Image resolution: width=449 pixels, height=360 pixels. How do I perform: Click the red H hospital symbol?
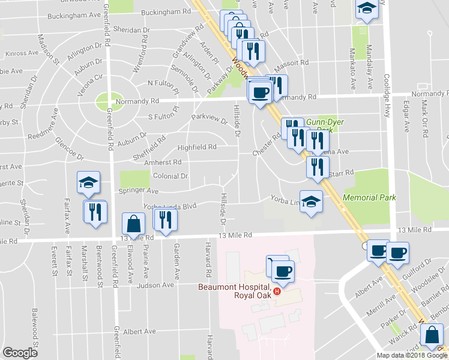pos(277,292)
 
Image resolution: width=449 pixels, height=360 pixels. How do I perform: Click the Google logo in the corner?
pos(20,353)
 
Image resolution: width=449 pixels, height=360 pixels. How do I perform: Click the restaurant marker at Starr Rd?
pos(317,167)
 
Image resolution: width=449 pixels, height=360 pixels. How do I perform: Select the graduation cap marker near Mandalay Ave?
pos(366,8)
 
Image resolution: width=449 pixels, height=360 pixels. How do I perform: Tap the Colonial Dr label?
pos(171,176)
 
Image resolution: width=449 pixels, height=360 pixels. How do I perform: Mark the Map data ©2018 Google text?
pos(412,355)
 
